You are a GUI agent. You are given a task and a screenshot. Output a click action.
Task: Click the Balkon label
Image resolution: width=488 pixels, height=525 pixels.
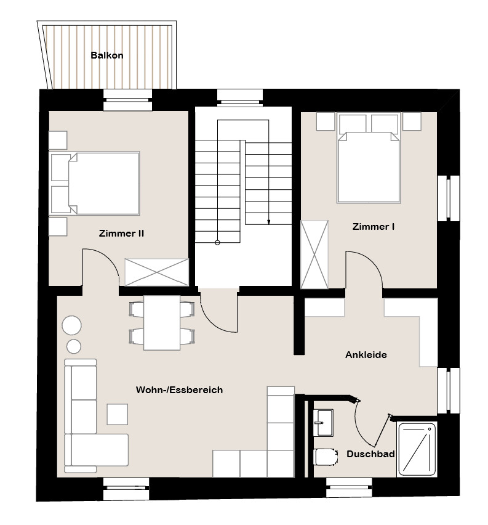click(106, 55)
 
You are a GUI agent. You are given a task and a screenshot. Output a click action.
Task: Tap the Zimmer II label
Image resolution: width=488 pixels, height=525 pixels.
click(121, 234)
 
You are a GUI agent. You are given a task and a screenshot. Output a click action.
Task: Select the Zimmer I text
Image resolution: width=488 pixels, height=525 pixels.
click(374, 227)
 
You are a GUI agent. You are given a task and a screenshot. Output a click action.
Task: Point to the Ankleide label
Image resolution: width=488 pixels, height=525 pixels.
click(366, 354)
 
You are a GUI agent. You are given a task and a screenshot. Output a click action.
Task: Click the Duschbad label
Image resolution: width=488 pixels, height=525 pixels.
click(370, 454)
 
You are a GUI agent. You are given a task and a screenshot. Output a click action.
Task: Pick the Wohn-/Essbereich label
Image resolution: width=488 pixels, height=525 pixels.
click(179, 389)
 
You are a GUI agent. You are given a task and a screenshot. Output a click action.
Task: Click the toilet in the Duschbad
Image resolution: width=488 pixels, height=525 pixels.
click(326, 457)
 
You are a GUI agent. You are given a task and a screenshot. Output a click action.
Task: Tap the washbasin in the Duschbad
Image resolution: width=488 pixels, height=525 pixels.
click(324, 423)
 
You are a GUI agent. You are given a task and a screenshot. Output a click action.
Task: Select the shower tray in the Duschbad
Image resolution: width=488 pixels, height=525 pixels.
click(417, 449)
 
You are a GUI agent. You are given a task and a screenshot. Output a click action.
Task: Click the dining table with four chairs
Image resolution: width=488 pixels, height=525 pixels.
click(162, 323)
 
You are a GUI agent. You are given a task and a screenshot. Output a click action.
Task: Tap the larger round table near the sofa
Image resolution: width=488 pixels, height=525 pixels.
click(71, 325)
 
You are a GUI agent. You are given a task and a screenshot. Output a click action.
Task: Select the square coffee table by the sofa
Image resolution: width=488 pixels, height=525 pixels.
click(117, 414)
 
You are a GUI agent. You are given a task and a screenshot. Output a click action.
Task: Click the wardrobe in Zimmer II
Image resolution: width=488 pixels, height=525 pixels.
click(156, 272)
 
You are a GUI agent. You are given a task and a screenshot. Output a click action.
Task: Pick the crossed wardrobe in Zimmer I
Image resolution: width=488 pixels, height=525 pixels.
click(314, 254)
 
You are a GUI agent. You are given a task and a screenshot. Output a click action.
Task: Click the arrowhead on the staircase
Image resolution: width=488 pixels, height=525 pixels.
click(268, 222)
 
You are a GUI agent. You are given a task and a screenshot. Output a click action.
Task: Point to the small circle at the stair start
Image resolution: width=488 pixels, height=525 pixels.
click(217, 243)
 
